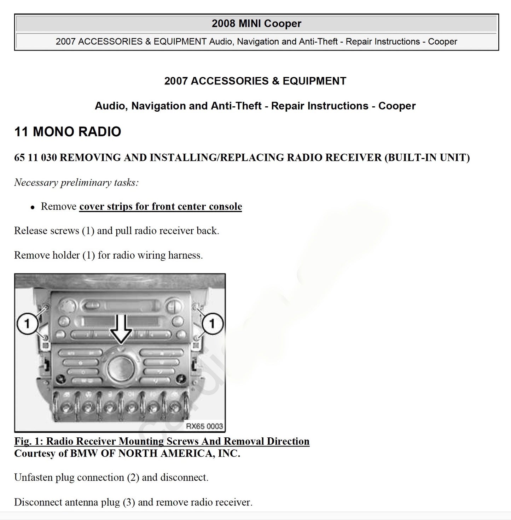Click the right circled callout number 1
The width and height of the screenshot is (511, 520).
click(x=212, y=323)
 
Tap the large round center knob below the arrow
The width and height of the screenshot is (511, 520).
click(x=120, y=368)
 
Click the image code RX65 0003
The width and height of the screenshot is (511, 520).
click(x=204, y=426)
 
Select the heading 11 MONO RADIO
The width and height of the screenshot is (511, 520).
click(x=68, y=132)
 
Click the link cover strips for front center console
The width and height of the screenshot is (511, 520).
click(x=161, y=206)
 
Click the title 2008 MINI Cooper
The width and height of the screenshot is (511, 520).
click(x=256, y=24)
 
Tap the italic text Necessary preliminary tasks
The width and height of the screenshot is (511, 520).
click(x=76, y=183)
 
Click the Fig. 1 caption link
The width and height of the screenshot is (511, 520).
click(x=162, y=441)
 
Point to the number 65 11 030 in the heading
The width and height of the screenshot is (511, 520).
click(x=35, y=158)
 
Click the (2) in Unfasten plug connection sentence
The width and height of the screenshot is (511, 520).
click(x=130, y=478)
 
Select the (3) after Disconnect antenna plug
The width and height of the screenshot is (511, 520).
click(x=129, y=502)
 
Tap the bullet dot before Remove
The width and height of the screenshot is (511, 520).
click(x=33, y=208)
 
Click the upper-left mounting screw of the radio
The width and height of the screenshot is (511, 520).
click(x=46, y=307)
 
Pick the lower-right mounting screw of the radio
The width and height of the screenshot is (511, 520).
click(x=195, y=340)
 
